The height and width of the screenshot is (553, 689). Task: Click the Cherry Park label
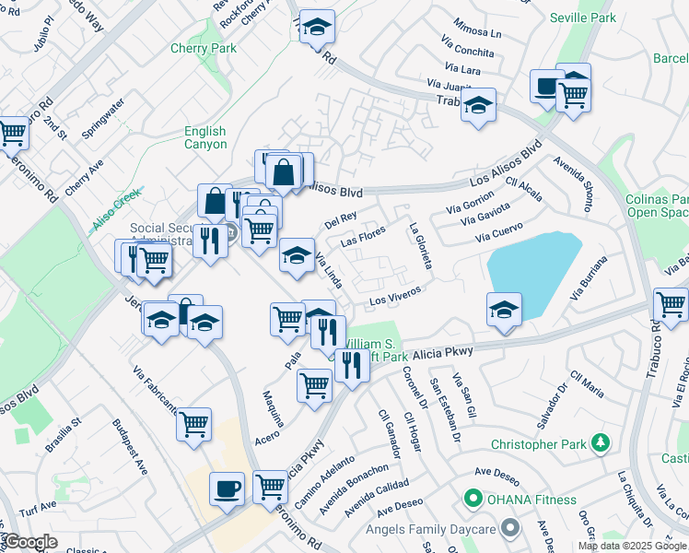203,49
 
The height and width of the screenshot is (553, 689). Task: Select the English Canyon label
204,138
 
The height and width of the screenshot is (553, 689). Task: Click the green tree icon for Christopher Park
601,444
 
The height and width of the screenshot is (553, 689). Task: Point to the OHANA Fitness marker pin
473,500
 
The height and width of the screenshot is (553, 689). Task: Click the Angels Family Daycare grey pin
511,528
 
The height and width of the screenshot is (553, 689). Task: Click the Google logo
30,542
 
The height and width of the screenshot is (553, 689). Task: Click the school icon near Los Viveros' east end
504,310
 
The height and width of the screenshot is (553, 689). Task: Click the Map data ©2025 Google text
632,546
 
